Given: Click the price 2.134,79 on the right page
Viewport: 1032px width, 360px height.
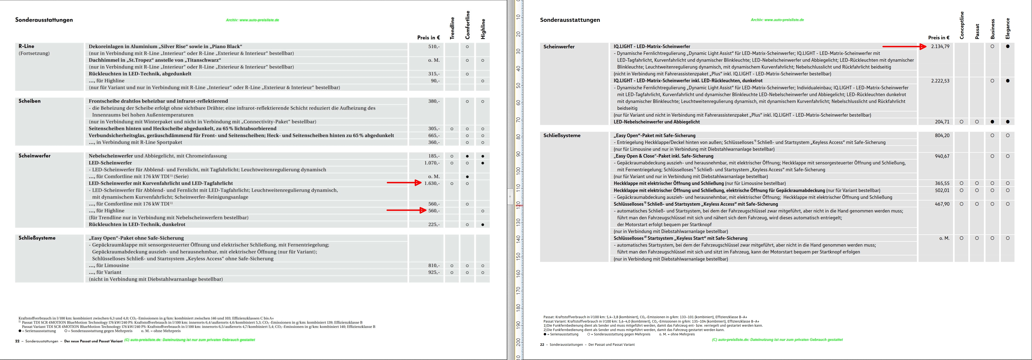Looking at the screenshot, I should (x=940, y=46).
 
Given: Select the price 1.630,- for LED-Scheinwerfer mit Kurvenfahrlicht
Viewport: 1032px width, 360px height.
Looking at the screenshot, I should (x=431, y=183).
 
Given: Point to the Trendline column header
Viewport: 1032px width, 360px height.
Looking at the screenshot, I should (x=452, y=28).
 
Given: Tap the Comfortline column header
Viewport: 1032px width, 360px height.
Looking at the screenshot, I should (x=467, y=25).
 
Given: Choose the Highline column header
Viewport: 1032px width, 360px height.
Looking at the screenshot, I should (x=483, y=29).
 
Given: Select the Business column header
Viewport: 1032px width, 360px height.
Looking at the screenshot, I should (x=992, y=29).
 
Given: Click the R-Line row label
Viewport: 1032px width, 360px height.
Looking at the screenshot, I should (x=27, y=46).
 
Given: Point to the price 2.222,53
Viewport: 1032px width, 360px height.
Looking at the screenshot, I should (x=940, y=81).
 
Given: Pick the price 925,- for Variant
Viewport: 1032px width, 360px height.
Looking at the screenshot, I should (x=434, y=272).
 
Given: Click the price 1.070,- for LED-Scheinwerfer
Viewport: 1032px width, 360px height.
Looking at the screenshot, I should (x=431, y=163).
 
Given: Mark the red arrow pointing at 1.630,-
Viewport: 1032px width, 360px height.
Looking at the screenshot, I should (x=404, y=183).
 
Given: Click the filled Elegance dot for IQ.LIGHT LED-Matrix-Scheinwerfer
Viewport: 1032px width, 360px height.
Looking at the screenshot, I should (x=1008, y=46).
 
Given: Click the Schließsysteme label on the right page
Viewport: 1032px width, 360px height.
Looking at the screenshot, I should (x=562, y=136).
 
